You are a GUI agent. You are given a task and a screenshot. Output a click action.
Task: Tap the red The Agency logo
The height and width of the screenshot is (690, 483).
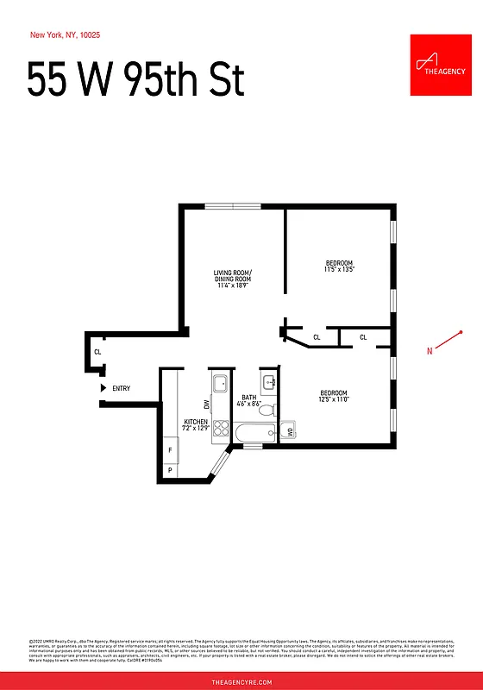[x=441, y=65]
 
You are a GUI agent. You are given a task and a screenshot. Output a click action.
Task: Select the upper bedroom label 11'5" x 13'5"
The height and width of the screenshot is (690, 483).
[x=340, y=267]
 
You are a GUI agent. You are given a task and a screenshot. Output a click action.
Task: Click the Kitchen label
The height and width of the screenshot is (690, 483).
[x=196, y=424]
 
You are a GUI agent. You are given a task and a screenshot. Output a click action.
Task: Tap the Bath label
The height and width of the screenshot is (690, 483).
[x=248, y=400]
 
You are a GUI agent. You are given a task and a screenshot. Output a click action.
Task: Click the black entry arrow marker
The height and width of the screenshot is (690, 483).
[x=103, y=388]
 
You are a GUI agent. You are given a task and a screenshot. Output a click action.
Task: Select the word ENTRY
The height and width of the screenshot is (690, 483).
[x=122, y=388]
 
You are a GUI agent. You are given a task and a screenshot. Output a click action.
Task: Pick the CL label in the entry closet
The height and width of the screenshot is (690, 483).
[x=97, y=352]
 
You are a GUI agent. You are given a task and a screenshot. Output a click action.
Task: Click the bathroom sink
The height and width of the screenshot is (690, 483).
[x=269, y=380]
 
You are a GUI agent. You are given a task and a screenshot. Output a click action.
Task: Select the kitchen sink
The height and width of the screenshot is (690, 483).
[x=220, y=383]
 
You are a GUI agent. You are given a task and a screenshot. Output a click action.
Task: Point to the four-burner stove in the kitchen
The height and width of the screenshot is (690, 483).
[x=220, y=429]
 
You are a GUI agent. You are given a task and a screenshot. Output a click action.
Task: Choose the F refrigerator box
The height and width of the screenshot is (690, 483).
[x=170, y=450]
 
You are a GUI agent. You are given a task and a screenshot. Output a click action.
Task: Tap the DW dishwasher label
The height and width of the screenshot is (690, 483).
[x=207, y=405]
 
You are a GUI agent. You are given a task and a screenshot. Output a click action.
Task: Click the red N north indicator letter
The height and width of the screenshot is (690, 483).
[x=430, y=350]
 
